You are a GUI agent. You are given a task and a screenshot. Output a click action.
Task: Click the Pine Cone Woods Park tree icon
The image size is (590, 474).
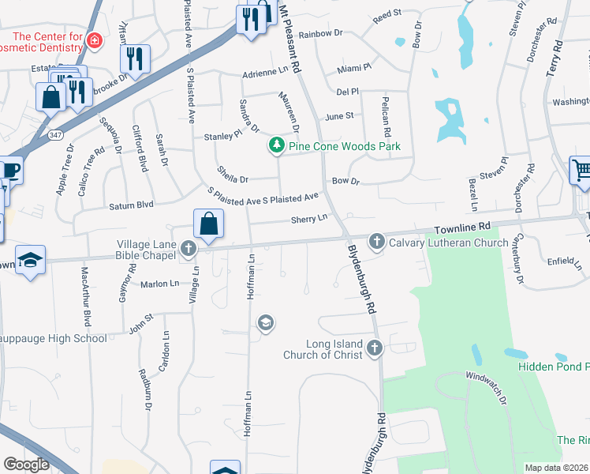[276, 145]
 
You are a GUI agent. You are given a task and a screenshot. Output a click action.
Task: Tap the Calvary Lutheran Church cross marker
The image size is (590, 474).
[376, 241]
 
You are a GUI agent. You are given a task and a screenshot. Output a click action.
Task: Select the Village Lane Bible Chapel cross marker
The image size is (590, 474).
[188, 249]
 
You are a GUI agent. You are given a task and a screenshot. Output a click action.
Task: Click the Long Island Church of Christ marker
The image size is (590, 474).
[375, 348]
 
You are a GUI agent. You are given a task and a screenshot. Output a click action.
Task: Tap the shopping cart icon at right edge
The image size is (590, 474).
[581, 170]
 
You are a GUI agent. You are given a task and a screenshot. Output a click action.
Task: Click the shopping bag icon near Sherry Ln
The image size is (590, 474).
[209, 224]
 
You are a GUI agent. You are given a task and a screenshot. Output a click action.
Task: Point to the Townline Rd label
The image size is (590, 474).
[461, 227]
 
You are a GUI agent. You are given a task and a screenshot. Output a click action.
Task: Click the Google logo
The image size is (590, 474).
[26, 465]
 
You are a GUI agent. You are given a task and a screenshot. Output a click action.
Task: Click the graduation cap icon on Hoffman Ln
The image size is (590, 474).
[267, 322]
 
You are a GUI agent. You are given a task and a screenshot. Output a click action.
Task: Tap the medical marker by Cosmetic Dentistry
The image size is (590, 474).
[95, 40]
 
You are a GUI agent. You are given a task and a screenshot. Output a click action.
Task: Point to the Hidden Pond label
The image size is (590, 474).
[553, 366]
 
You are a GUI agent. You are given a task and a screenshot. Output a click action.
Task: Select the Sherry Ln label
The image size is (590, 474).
[308, 218]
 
